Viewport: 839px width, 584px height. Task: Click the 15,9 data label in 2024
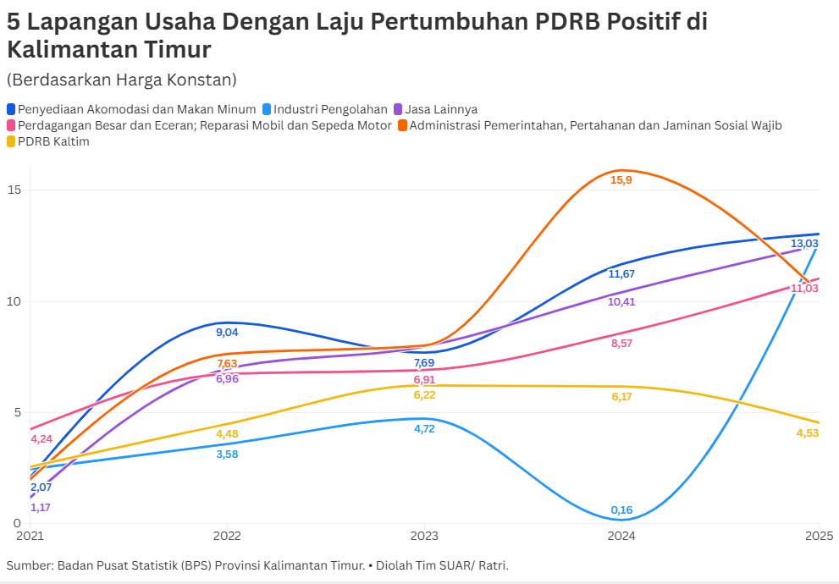621,180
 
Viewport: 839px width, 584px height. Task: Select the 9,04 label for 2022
227,333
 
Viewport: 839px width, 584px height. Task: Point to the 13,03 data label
804,244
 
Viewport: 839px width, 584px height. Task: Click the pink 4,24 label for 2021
41,438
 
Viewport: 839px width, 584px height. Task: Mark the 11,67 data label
621,273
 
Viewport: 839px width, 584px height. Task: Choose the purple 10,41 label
621,301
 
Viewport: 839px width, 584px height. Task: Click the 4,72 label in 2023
424,429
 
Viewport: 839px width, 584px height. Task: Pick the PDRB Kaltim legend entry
53,141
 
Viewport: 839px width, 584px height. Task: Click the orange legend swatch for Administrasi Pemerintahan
403,125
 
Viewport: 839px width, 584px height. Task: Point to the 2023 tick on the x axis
424,536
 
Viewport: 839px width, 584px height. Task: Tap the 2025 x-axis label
819,536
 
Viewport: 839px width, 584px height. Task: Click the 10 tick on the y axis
14,301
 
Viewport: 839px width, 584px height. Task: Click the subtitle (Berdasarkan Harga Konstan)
121,80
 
